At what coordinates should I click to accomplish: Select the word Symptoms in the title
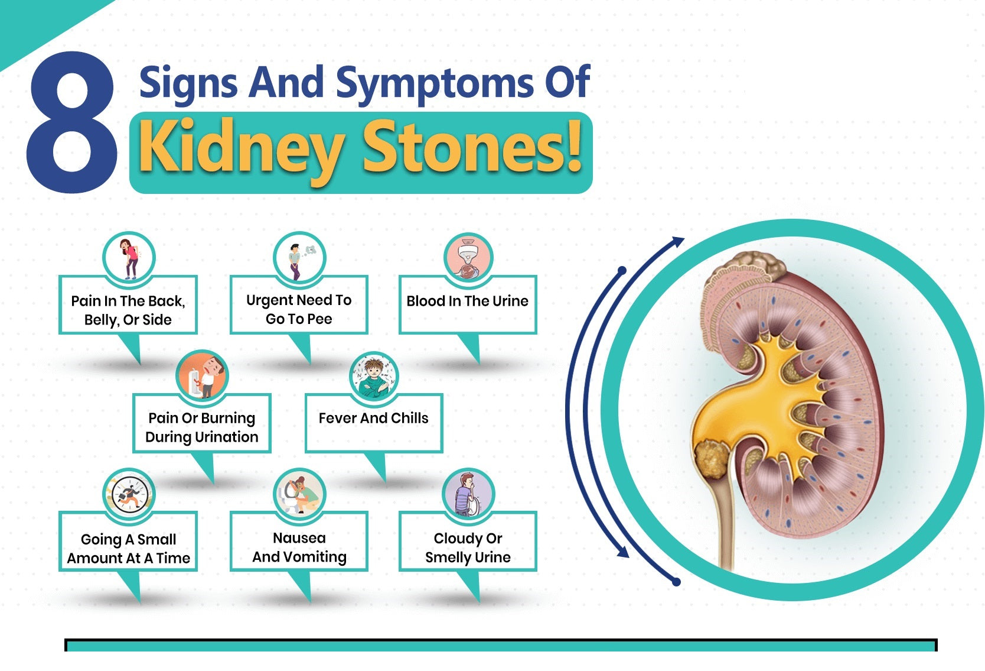tap(434, 83)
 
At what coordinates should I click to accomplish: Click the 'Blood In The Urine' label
tap(467, 301)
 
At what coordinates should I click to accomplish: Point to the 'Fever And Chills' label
tap(373, 419)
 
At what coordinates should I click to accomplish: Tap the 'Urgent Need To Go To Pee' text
tap(299, 309)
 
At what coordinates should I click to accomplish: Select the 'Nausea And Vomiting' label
tap(299, 547)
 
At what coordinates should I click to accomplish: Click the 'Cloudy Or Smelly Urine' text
tap(468, 548)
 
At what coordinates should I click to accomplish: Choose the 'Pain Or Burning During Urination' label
tap(202, 427)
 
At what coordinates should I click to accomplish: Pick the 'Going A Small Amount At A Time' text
tap(128, 549)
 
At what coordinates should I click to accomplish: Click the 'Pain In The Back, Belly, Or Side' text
tap(128, 310)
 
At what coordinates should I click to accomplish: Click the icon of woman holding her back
tap(129, 258)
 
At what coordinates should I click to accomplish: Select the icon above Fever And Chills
tap(374, 377)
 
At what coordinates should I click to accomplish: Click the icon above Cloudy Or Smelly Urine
tap(468, 494)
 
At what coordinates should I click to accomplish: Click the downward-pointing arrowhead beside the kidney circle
tap(622, 552)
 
